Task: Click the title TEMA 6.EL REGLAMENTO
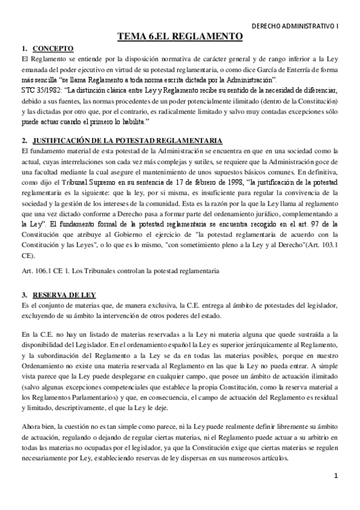(x=180, y=37)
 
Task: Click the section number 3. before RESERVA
(x=23, y=295)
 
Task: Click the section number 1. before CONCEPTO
(x=23, y=48)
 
